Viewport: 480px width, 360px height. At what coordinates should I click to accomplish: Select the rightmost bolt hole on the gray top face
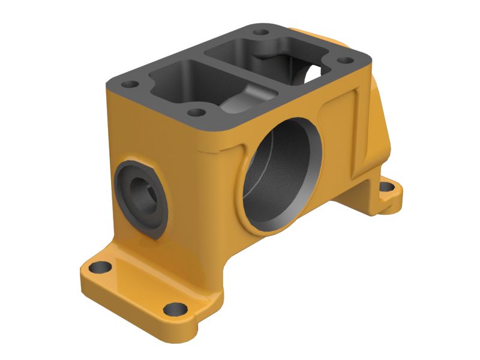tap(344, 60)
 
